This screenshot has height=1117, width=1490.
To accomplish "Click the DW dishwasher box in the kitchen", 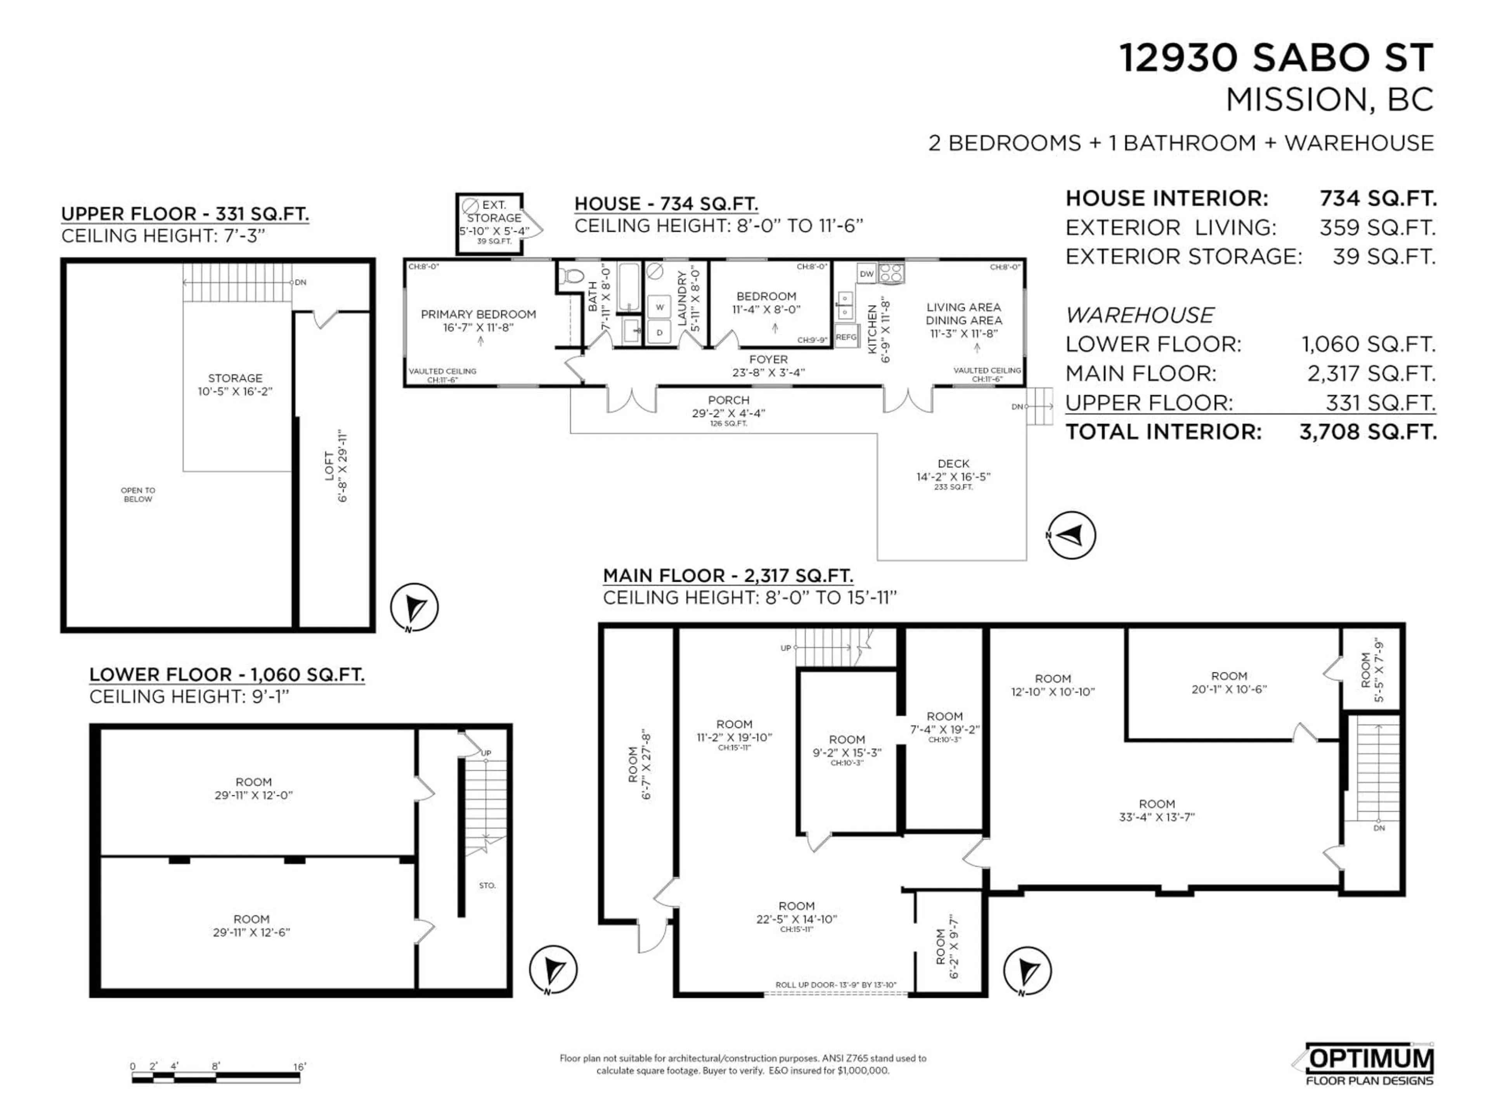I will tap(866, 273).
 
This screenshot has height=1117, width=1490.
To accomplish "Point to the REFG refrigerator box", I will tap(846, 337).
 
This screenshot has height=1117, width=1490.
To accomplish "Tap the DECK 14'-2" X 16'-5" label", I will tap(953, 470).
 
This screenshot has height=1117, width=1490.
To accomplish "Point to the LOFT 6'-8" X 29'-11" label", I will tap(336, 465).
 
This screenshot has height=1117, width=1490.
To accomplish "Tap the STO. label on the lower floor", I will tap(487, 885).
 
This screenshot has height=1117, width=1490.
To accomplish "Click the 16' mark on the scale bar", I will tap(299, 1067).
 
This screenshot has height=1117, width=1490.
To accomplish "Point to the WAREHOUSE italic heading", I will tap(1140, 315).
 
